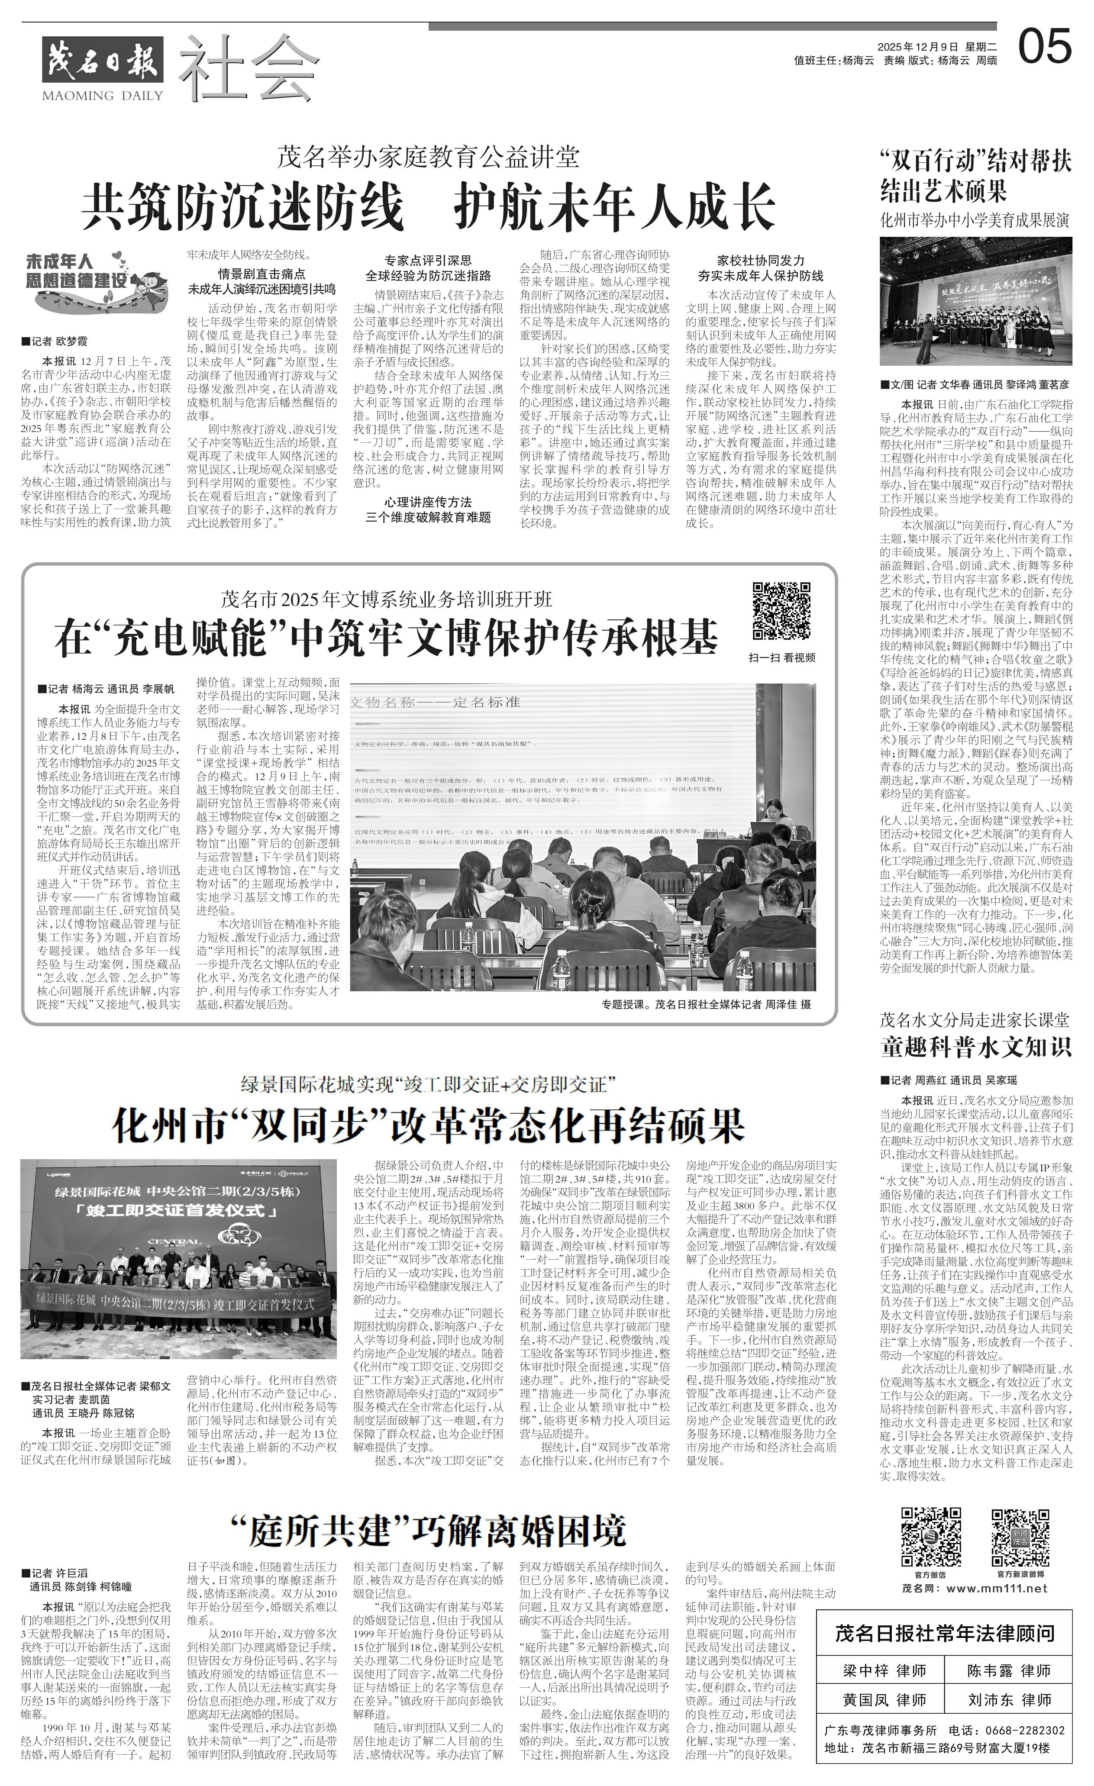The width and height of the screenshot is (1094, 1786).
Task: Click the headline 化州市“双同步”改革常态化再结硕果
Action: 428,1126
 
